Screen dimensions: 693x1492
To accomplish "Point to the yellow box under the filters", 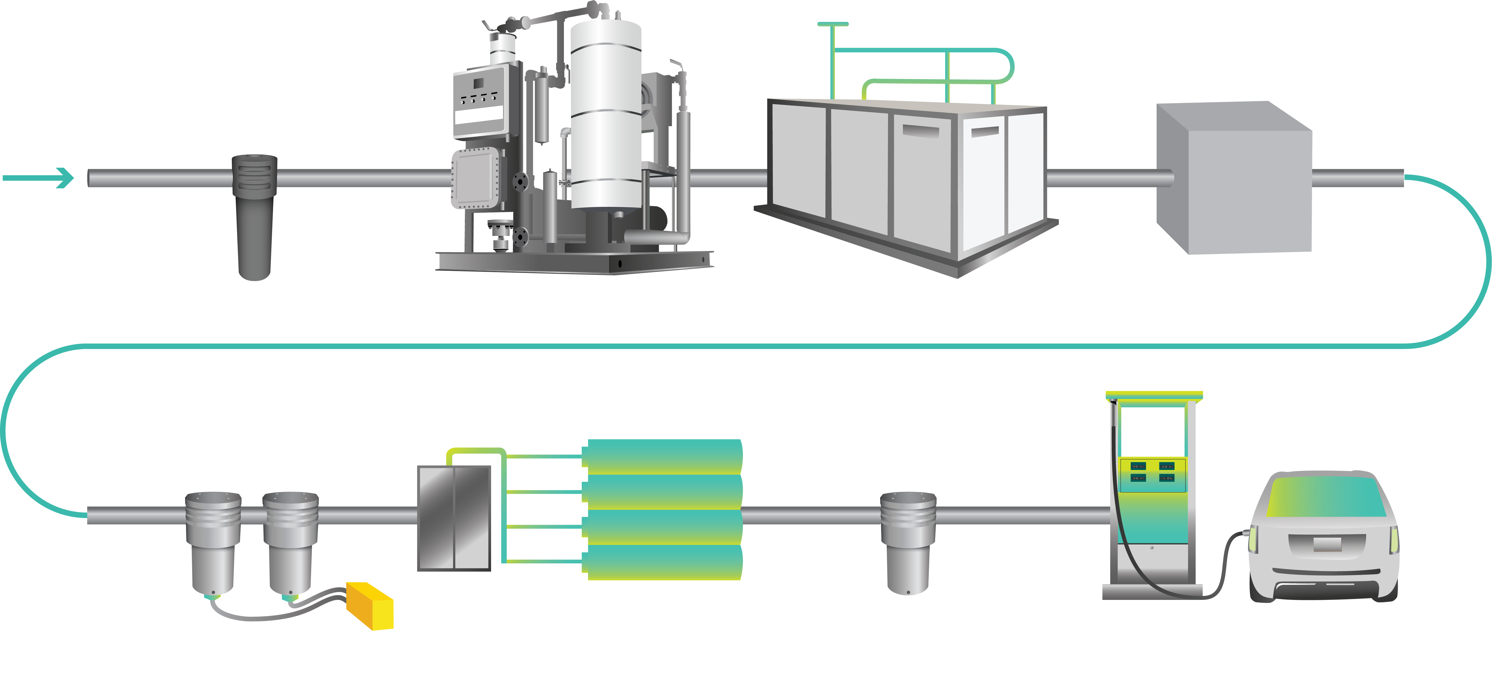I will tap(371, 605).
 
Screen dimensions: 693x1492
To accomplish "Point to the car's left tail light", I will tap(1254, 539).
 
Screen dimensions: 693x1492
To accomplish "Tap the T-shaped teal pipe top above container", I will tap(833, 24).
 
